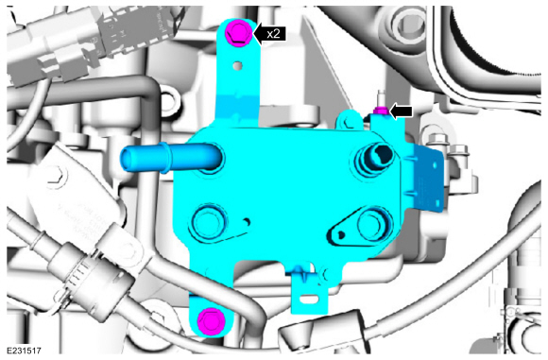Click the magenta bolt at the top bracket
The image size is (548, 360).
coord(239,34)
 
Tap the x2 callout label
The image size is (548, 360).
coord(270,34)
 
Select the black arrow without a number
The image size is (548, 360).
coord(401,111)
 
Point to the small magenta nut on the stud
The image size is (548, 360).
coord(380,111)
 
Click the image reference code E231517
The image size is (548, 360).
coord(24,351)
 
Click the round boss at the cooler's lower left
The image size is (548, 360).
coord(208,222)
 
